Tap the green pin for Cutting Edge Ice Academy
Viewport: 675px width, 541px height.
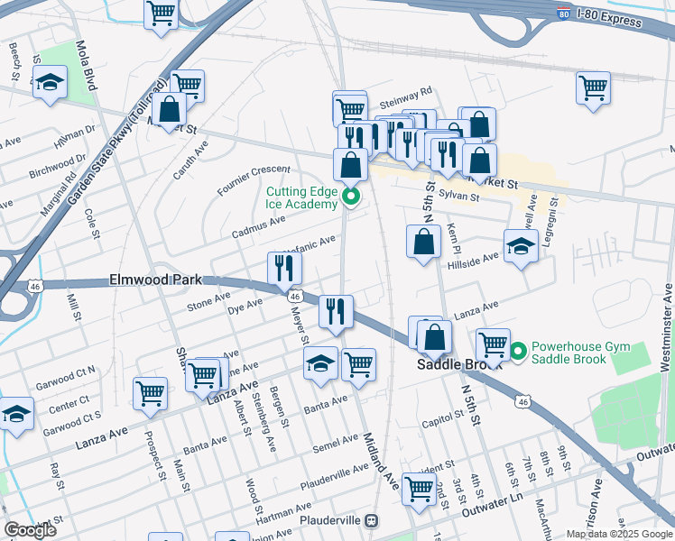(352, 196)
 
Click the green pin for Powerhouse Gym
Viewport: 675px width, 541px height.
(518, 351)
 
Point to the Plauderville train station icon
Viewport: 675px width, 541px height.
(383, 521)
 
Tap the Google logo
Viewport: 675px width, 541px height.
(31, 530)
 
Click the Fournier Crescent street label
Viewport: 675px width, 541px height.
(254, 179)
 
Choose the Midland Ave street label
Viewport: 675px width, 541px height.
(378, 455)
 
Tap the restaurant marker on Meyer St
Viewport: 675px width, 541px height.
(284, 267)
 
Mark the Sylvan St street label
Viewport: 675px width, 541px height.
(457, 193)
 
